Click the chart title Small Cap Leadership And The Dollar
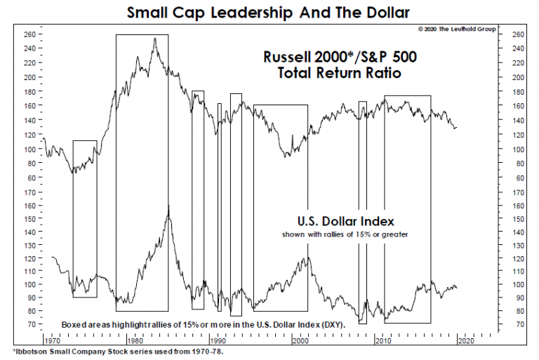[x=269, y=12]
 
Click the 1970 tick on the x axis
[x=53, y=340]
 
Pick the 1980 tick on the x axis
[x=135, y=340]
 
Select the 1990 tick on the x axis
[x=218, y=340]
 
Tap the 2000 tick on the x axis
[x=300, y=340]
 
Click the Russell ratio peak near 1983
[x=154, y=39]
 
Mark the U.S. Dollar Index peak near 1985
[x=168, y=207]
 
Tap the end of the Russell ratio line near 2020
[x=456, y=128]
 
